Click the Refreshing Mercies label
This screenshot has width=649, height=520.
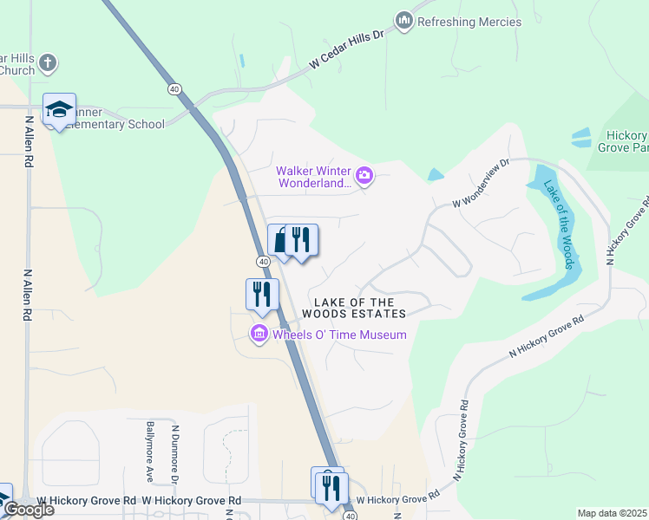pos(469,22)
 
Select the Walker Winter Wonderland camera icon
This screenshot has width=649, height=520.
pos(364,177)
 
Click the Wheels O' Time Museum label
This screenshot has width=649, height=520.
pos(339,335)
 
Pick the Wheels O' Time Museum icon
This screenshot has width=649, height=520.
pos(259,334)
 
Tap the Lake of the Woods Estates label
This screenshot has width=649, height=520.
pos(354,307)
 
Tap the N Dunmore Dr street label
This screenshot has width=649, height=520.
pos(174,453)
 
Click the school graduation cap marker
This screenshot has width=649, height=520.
pos(59,109)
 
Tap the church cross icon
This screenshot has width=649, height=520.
pos(48,62)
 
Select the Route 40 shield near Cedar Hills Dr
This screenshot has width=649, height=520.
pos(174,88)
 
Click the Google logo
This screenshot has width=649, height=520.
pos(28,510)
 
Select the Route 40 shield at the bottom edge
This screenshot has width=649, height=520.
pos(350,516)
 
